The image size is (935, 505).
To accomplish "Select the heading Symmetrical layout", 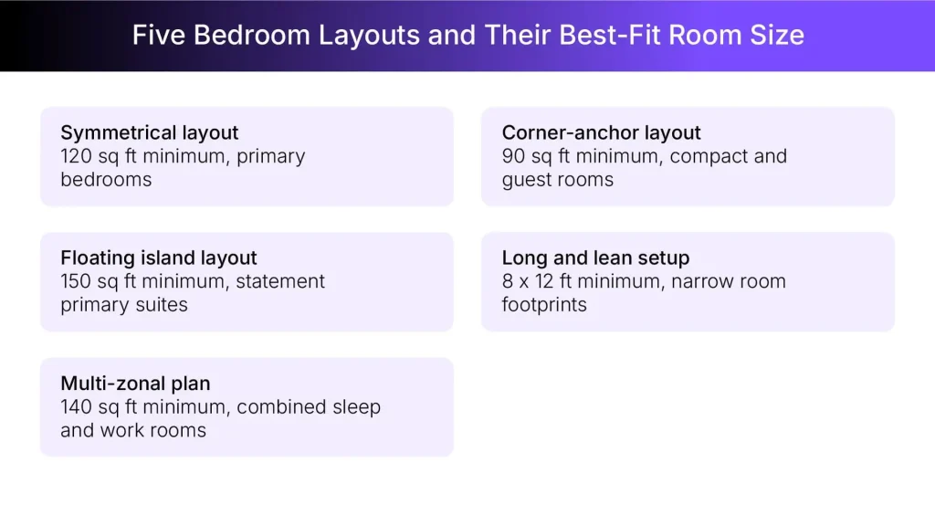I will coord(150,133).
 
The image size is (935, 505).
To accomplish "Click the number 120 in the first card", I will coord(76,156).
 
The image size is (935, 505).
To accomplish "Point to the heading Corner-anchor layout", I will coord(602,133).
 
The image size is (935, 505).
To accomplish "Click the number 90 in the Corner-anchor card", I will coord(513,156).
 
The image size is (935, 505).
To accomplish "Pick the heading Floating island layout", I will coord(159,258).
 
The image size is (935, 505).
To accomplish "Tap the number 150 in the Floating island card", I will coord(76,281).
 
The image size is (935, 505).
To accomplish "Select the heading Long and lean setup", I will coord(595,258).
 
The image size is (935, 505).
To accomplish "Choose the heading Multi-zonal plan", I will coord(135,384).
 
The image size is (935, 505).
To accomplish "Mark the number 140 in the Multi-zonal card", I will coord(77,406).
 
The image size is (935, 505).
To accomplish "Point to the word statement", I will coord(280,281).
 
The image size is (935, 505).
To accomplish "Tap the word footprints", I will coord(544,304).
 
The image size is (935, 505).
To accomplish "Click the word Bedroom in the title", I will coord(252,36).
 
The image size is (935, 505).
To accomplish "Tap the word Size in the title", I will coord(776,36).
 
